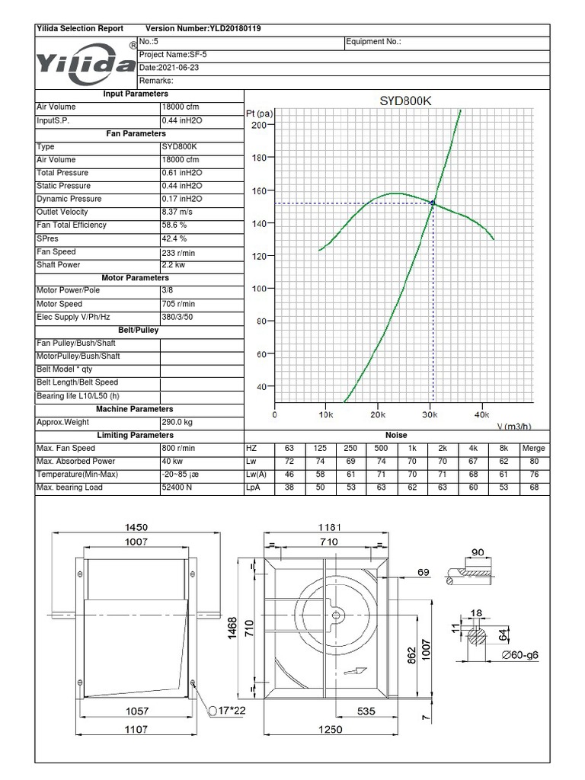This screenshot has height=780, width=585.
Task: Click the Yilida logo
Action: click(x=85, y=61)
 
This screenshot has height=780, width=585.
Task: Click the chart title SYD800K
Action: click(x=405, y=101)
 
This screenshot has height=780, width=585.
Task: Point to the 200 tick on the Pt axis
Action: click(x=258, y=125)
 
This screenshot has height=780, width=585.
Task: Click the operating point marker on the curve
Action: click(x=433, y=203)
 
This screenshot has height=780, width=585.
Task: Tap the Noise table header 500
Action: click(x=381, y=449)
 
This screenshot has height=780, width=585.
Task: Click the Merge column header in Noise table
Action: click(x=533, y=449)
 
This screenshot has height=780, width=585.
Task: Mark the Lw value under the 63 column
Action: click(x=289, y=462)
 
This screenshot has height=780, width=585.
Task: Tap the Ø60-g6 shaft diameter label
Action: click(x=521, y=655)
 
